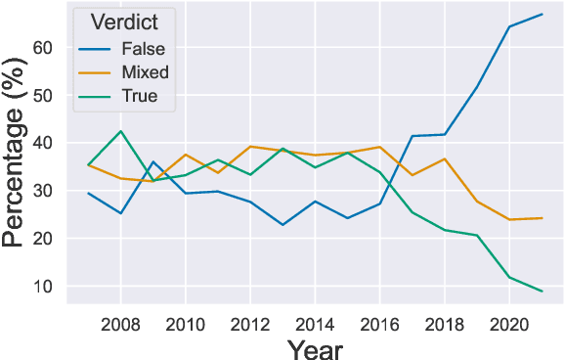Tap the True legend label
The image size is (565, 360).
tap(140, 96)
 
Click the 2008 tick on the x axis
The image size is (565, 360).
tap(121, 324)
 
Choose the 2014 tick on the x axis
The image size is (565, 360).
tap(315, 324)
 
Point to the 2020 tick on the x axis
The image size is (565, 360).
tap(508, 324)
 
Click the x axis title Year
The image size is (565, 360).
tap(315, 347)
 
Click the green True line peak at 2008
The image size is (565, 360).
tap(121, 131)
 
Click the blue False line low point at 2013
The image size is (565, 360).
tap(282, 225)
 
